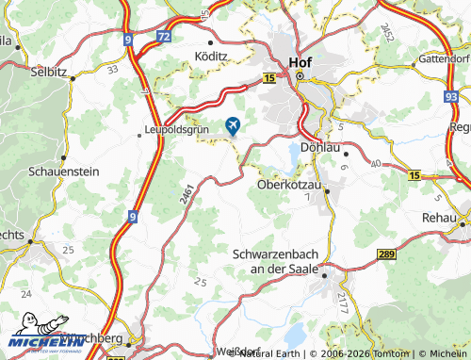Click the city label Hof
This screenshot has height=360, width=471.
(x=300, y=62)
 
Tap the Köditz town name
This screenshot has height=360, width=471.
(x=211, y=56)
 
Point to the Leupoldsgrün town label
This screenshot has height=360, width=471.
(x=174, y=131)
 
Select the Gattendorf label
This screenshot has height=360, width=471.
(x=438, y=57)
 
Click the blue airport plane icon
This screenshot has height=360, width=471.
(x=233, y=124)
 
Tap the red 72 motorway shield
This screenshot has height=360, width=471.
(x=164, y=37)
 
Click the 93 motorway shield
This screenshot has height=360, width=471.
(x=452, y=96)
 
